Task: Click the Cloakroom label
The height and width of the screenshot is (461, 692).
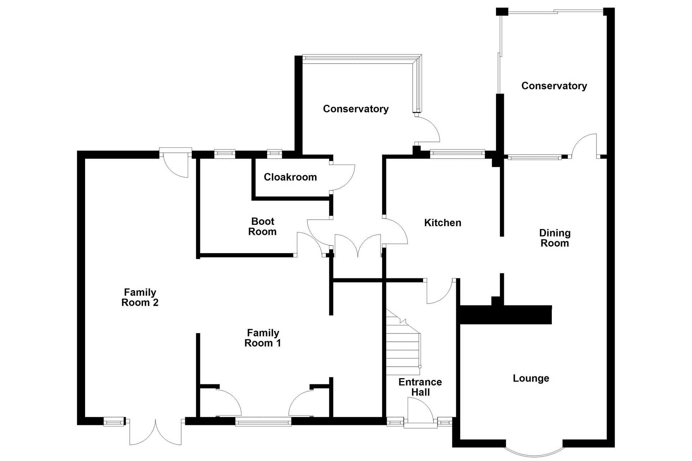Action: [290, 177]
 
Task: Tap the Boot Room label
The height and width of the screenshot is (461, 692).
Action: [262, 227]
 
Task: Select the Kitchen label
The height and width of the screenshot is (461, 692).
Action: [443, 223]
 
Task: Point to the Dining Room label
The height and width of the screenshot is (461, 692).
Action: [555, 238]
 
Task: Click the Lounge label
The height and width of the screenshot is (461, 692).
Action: [531, 379]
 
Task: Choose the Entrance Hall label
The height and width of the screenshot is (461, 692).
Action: [420, 387]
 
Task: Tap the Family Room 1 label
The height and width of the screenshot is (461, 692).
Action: [263, 338]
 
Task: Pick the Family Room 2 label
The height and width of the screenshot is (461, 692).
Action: [140, 297]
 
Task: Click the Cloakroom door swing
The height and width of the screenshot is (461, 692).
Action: [342, 178]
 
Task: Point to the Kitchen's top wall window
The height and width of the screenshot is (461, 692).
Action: [457, 154]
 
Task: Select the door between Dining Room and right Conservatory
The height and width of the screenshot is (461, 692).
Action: [584, 146]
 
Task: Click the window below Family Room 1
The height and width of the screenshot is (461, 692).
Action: [263, 421]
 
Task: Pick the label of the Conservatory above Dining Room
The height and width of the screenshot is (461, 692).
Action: [554, 86]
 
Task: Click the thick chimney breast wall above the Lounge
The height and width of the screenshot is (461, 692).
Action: [505, 314]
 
